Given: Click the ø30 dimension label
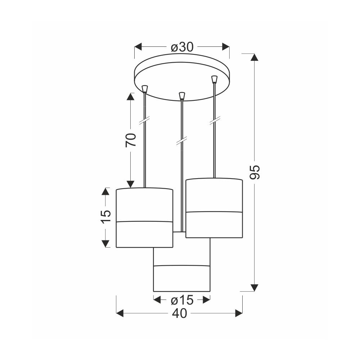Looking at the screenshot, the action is (182, 47).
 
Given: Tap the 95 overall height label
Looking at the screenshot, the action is (255, 172).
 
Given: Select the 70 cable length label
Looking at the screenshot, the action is (131, 140).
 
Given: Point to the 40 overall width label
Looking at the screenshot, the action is (180, 314).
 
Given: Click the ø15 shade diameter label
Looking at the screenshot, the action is (182, 300).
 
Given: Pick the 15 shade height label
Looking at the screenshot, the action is (105, 216).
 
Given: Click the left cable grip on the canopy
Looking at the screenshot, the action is (145, 89).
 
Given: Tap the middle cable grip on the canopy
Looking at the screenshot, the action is (181, 96).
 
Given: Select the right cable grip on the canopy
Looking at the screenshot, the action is (214, 79).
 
